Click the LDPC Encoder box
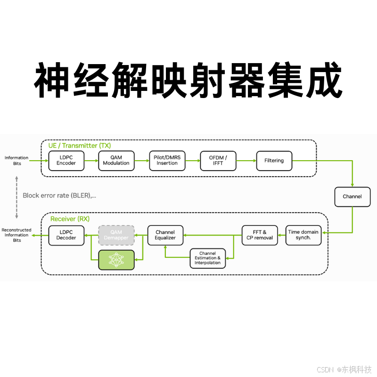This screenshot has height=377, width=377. click(66, 161)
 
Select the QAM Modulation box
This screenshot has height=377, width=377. click(116, 161)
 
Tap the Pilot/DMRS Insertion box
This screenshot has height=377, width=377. click(167, 161)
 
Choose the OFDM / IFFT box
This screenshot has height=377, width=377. click(218, 161)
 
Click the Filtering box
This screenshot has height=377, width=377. click(274, 161)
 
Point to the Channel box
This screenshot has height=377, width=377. click(352, 197)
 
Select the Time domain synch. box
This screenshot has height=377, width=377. click(303, 235)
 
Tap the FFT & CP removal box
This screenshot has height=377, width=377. click(260, 235)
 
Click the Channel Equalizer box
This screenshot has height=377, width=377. click(165, 235)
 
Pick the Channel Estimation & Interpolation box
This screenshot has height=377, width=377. click(207, 258)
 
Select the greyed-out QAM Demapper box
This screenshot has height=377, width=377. click(116, 235)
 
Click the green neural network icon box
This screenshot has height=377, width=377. click(116, 260)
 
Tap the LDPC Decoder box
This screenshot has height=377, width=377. click(66, 235)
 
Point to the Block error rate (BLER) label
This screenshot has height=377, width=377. click(59, 195)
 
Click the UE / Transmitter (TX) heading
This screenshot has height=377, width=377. click(80, 146)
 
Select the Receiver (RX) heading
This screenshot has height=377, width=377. click(70, 219)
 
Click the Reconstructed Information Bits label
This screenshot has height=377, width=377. click(17, 235)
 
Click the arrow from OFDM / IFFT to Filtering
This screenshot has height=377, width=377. click(246, 161)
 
